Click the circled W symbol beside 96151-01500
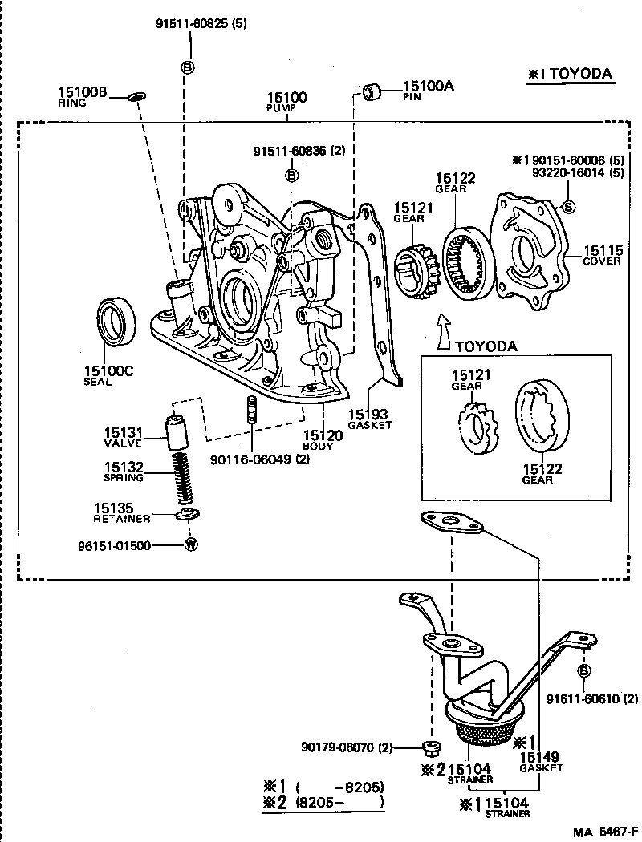click(x=191, y=544)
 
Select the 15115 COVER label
click(x=602, y=255)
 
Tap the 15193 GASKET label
click(x=370, y=419)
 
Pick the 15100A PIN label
click(x=427, y=89)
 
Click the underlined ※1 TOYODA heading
click(x=569, y=74)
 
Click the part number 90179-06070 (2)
click(x=347, y=747)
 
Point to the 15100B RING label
click(x=81, y=96)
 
